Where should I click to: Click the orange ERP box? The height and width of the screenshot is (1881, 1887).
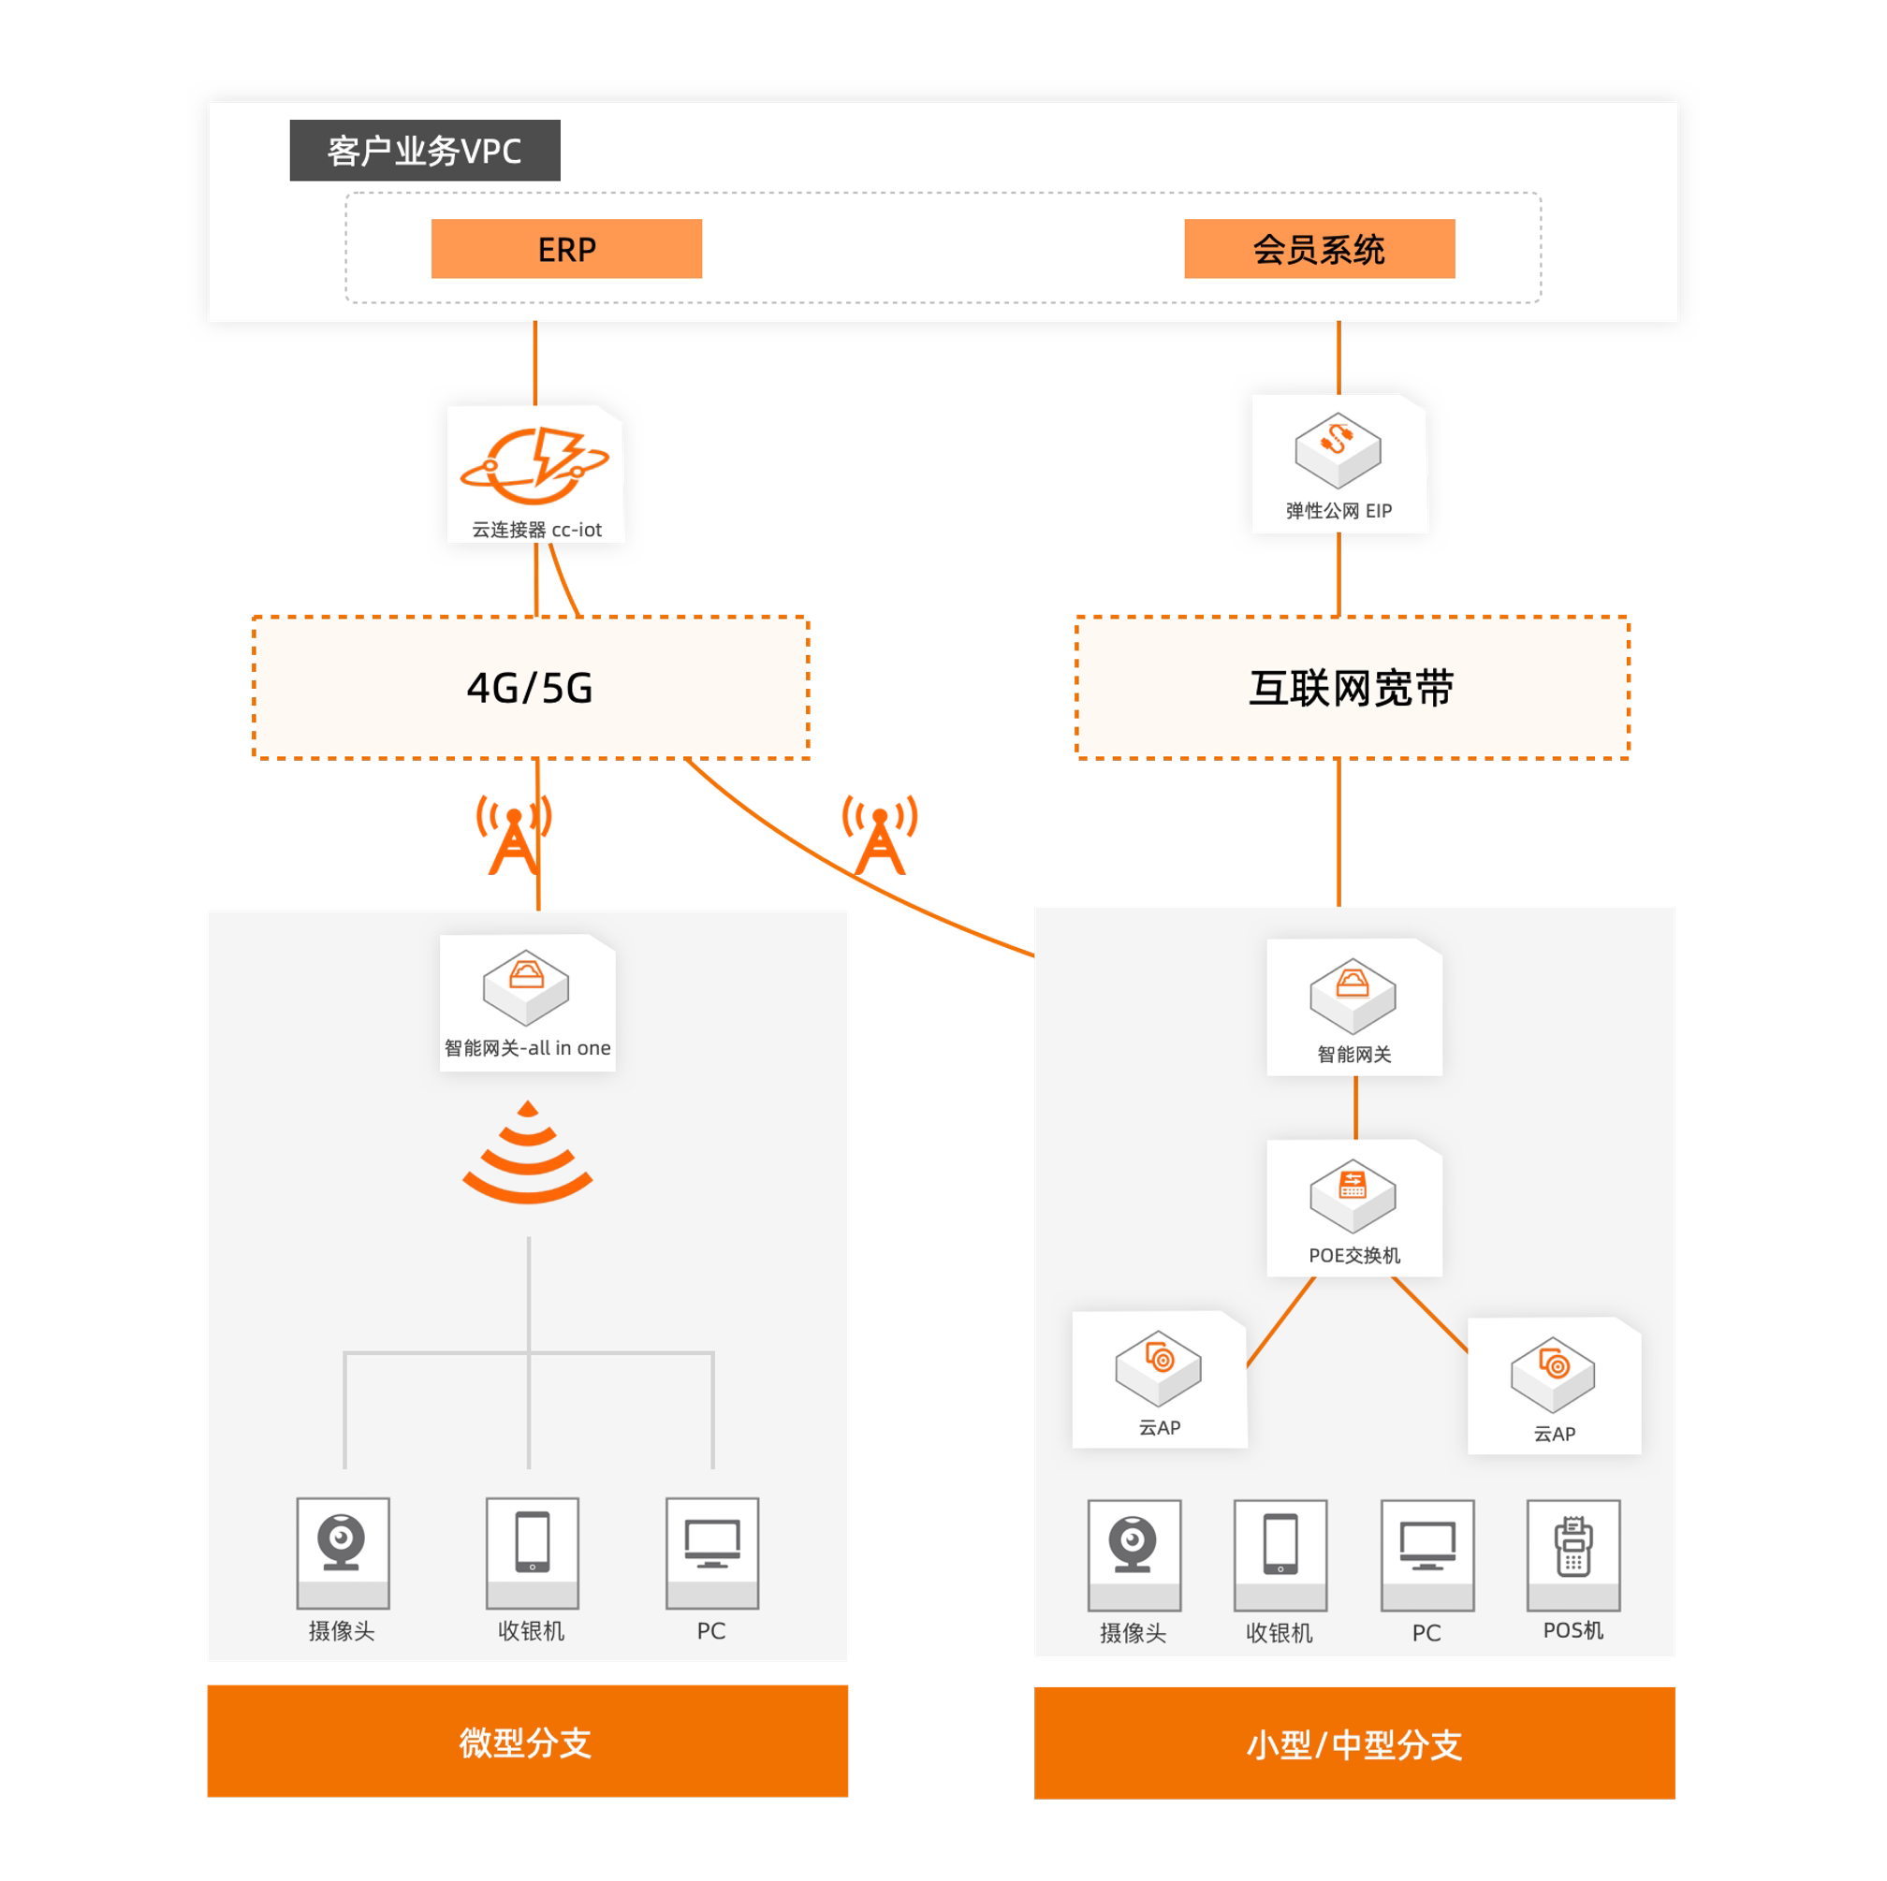tap(566, 249)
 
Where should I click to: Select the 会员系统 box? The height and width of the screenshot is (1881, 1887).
tap(1319, 249)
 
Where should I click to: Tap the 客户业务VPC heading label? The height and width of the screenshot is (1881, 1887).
tap(425, 151)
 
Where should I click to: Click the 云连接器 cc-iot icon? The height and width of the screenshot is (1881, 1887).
tap(535, 466)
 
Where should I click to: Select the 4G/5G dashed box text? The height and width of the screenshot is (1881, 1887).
tap(531, 688)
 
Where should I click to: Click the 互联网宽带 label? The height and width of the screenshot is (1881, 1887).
tap(1352, 688)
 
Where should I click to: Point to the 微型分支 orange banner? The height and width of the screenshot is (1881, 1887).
tap(527, 1741)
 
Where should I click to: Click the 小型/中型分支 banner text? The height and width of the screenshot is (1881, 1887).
tap(1353, 1744)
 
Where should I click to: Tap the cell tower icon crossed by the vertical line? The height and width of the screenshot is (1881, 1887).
tap(514, 835)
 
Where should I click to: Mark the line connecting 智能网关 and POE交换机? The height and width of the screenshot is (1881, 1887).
tap(1355, 1107)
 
